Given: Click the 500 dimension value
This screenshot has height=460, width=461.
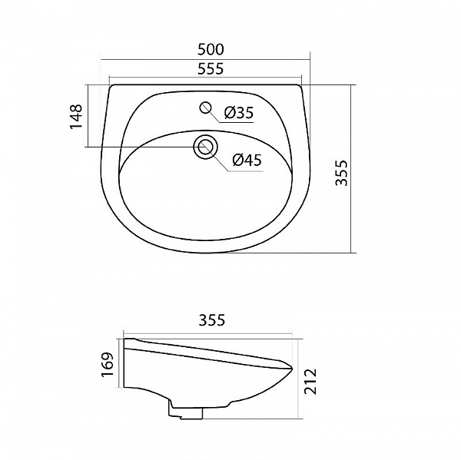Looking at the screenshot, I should pos(205,48).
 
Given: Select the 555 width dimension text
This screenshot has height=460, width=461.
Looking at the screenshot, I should pos(205,69).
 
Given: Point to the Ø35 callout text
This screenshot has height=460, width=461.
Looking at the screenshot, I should pos(239,114).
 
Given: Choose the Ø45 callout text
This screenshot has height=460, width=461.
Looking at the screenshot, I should pos(247,160).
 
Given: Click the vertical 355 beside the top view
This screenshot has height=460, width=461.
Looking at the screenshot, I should pos(343,174).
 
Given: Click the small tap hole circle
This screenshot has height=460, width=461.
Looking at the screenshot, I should pos(206,108).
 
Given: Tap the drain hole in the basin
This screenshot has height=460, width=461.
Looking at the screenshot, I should pos(205,146).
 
